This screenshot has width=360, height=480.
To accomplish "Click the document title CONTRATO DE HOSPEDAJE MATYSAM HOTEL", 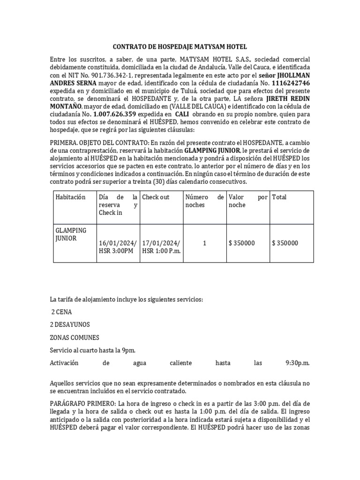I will pyautogui.click(x=180, y=47).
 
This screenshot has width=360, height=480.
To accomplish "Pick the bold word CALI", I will pyautogui.click(x=183, y=114).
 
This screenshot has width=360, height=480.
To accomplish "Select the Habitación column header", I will pyautogui.click(x=70, y=197).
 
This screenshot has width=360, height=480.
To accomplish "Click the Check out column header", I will pyautogui.click(x=156, y=197).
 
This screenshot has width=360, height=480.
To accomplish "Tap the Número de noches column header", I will pyautogui.click(x=205, y=201).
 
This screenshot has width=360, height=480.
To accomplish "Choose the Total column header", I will pyautogui.click(x=279, y=197).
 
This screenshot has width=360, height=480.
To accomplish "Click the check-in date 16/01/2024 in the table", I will pyautogui.click(x=118, y=243).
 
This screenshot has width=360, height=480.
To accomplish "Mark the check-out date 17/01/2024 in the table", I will pyautogui.click(x=161, y=243).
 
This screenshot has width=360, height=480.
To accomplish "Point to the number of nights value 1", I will pyautogui.click(x=204, y=243).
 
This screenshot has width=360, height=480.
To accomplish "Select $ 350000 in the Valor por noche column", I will pyautogui.click(x=242, y=243).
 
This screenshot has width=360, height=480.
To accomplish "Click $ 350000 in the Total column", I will pyautogui.click(x=285, y=243).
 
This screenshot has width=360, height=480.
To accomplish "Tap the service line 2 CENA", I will pyautogui.click(x=61, y=312).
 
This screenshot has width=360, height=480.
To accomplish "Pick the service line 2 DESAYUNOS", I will pyautogui.click(x=70, y=324).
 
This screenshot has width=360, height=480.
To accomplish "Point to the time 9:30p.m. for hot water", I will pyautogui.click(x=297, y=363).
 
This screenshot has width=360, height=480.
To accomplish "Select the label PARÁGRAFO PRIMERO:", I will pyautogui.click(x=83, y=404).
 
